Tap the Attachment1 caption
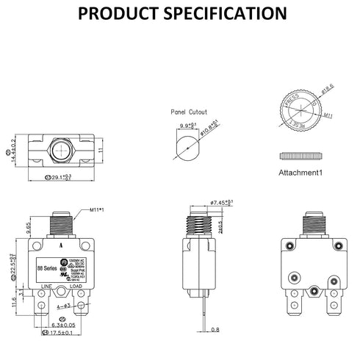point(300,173)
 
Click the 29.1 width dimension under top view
point(58,177)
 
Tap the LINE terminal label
point(46,285)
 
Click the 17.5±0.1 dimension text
point(60,334)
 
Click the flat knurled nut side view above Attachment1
point(301,155)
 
